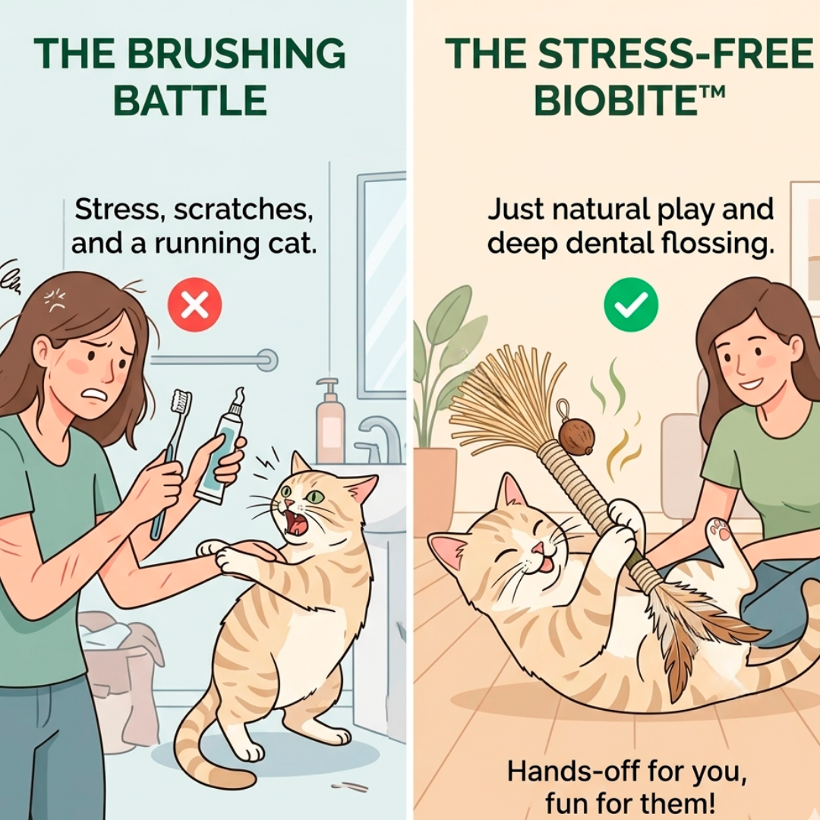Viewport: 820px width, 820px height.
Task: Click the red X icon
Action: pyautogui.click(x=194, y=304)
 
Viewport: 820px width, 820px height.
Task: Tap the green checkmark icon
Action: pyautogui.click(x=631, y=304)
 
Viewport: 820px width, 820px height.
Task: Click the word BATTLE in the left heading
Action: pyautogui.click(x=190, y=100)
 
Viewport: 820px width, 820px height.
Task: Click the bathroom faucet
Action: pyautogui.click(x=383, y=437)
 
